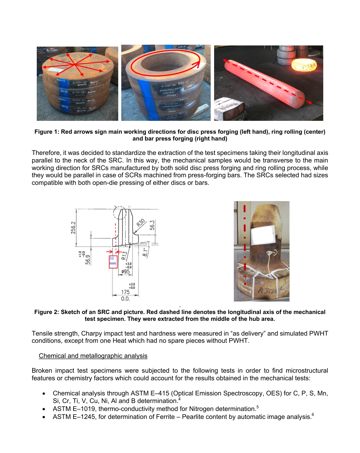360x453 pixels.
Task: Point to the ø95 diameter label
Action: [x=125, y=271]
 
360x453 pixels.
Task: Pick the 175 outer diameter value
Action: [x=125, y=292]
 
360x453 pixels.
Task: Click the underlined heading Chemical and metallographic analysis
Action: [x=93, y=356]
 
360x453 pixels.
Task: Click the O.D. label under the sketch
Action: [x=125, y=299]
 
